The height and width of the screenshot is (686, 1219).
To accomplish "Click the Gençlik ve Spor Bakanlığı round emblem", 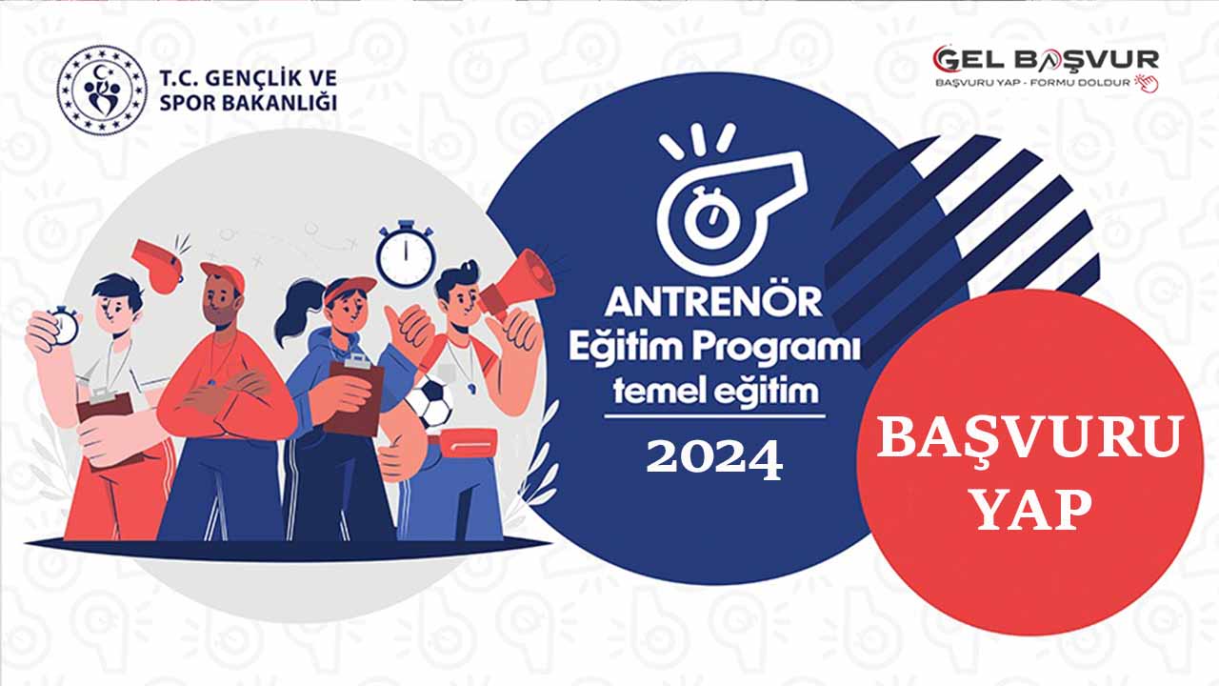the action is (102, 90).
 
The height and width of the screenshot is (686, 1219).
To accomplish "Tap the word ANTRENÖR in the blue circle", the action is (713, 303).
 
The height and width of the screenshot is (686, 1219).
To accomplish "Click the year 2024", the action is (714, 459).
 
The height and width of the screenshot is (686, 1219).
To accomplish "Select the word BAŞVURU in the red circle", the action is (1029, 438).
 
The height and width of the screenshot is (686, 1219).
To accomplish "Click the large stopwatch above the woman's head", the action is (406, 253).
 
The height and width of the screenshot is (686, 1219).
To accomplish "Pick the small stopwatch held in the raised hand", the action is (63, 325).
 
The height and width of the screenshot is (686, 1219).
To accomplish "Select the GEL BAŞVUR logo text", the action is (1046, 60).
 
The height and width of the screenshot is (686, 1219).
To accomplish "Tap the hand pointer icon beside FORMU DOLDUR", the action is (1148, 83).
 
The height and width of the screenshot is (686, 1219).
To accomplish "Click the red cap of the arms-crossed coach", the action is (223, 275).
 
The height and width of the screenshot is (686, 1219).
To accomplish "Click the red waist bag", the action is (470, 445).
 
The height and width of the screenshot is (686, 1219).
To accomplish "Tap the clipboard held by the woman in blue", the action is (354, 396).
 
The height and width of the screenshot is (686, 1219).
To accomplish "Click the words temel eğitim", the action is (715, 391).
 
